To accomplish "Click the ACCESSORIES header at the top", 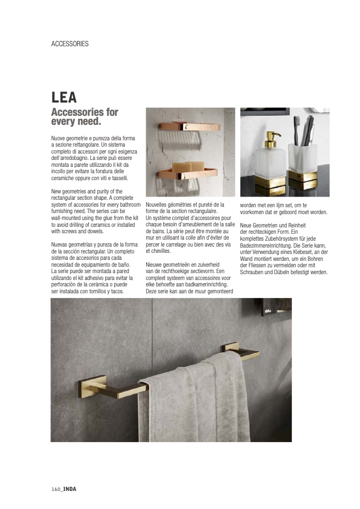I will [x=70, y=44].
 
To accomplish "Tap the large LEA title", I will [x=64, y=98].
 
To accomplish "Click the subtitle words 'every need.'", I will [x=76, y=122].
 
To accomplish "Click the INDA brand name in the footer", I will [x=70, y=489].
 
